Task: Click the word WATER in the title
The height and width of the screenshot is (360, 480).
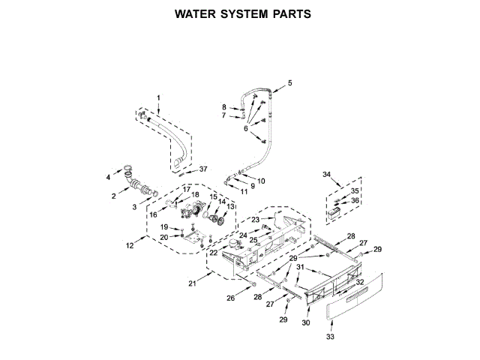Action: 194,13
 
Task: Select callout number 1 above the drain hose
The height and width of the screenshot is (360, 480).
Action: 158,97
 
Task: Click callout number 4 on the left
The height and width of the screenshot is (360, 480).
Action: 108,177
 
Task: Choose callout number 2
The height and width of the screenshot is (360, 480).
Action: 114,196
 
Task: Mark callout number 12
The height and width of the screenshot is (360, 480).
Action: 129,245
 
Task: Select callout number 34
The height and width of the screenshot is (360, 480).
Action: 326,175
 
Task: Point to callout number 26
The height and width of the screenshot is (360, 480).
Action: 231,298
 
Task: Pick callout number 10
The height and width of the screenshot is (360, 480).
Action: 261,181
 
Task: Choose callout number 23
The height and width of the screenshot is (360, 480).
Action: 255,219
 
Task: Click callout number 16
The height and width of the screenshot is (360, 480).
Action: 153,214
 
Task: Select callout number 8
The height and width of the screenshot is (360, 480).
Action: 224,107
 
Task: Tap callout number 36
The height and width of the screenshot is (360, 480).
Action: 355,201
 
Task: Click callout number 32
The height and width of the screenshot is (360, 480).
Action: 360,282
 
